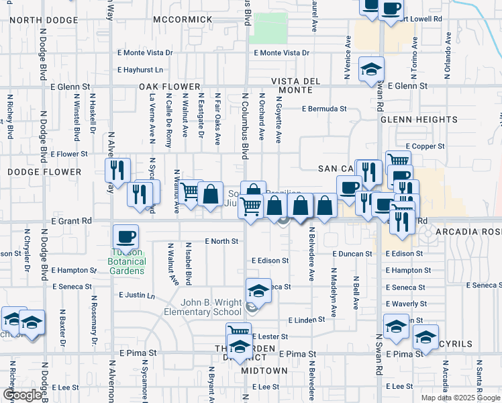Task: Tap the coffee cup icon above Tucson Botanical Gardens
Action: click(125, 237)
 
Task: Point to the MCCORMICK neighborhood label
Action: click(183, 19)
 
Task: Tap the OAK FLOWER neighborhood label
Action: click(170, 87)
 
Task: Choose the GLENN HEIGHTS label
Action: click(419, 120)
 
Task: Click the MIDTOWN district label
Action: click(264, 371)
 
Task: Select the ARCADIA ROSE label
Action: click(468, 232)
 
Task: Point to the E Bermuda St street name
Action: click(324, 108)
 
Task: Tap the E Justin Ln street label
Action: click(136, 295)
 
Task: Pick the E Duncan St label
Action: click(352, 254)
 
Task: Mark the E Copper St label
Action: click(425, 146)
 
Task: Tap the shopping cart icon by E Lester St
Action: click(239, 332)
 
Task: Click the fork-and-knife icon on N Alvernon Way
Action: click(118, 171)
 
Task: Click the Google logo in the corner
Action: click(21, 395)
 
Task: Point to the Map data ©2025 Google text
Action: click(460, 398)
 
